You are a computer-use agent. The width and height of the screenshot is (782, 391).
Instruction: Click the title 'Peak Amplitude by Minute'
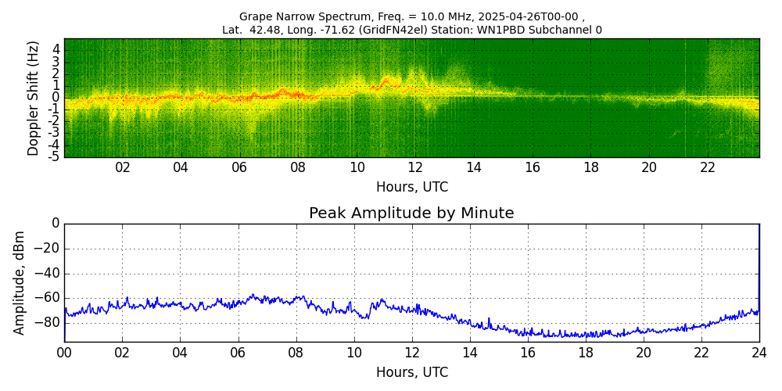(x=411, y=213)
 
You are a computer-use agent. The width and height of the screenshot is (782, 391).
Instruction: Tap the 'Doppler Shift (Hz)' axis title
(x=34, y=98)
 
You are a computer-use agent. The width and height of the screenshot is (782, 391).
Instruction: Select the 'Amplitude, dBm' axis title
(x=20, y=282)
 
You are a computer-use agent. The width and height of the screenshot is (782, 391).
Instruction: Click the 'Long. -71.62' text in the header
(x=314, y=30)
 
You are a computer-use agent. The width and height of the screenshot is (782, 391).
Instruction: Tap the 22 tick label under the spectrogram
(x=708, y=167)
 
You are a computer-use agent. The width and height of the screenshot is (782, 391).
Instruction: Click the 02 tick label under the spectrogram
(x=123, y=167)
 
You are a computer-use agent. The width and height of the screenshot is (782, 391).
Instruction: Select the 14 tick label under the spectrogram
(x=474, y=167)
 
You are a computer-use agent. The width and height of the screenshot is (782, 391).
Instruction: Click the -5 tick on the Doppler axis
(x=55, y=156)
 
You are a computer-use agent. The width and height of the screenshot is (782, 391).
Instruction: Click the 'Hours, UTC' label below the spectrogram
(x=412, y=187)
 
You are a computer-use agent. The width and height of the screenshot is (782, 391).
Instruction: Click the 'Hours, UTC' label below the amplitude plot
(x=412, y=372)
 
